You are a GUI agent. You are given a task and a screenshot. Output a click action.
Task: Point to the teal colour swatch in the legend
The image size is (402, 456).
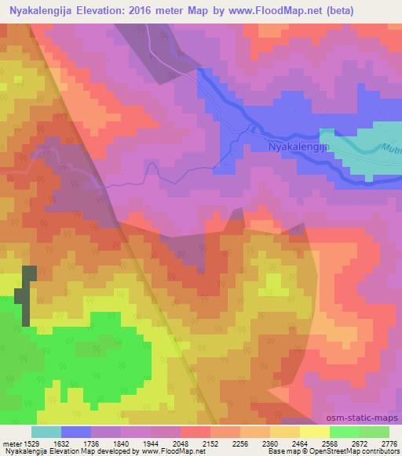tap(46, 432)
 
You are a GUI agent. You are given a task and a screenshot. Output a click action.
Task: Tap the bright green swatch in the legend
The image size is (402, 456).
tap(344, 432)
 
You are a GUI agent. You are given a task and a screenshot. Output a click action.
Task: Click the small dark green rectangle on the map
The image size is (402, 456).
tap(28, 294)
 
